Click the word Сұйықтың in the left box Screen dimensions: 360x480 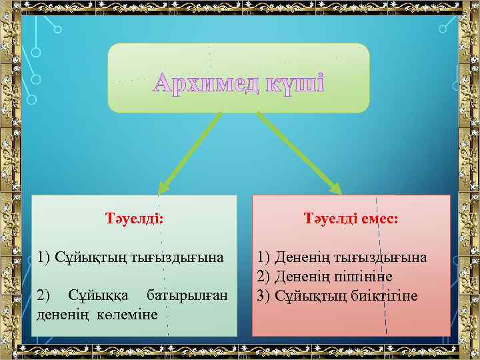83,257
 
